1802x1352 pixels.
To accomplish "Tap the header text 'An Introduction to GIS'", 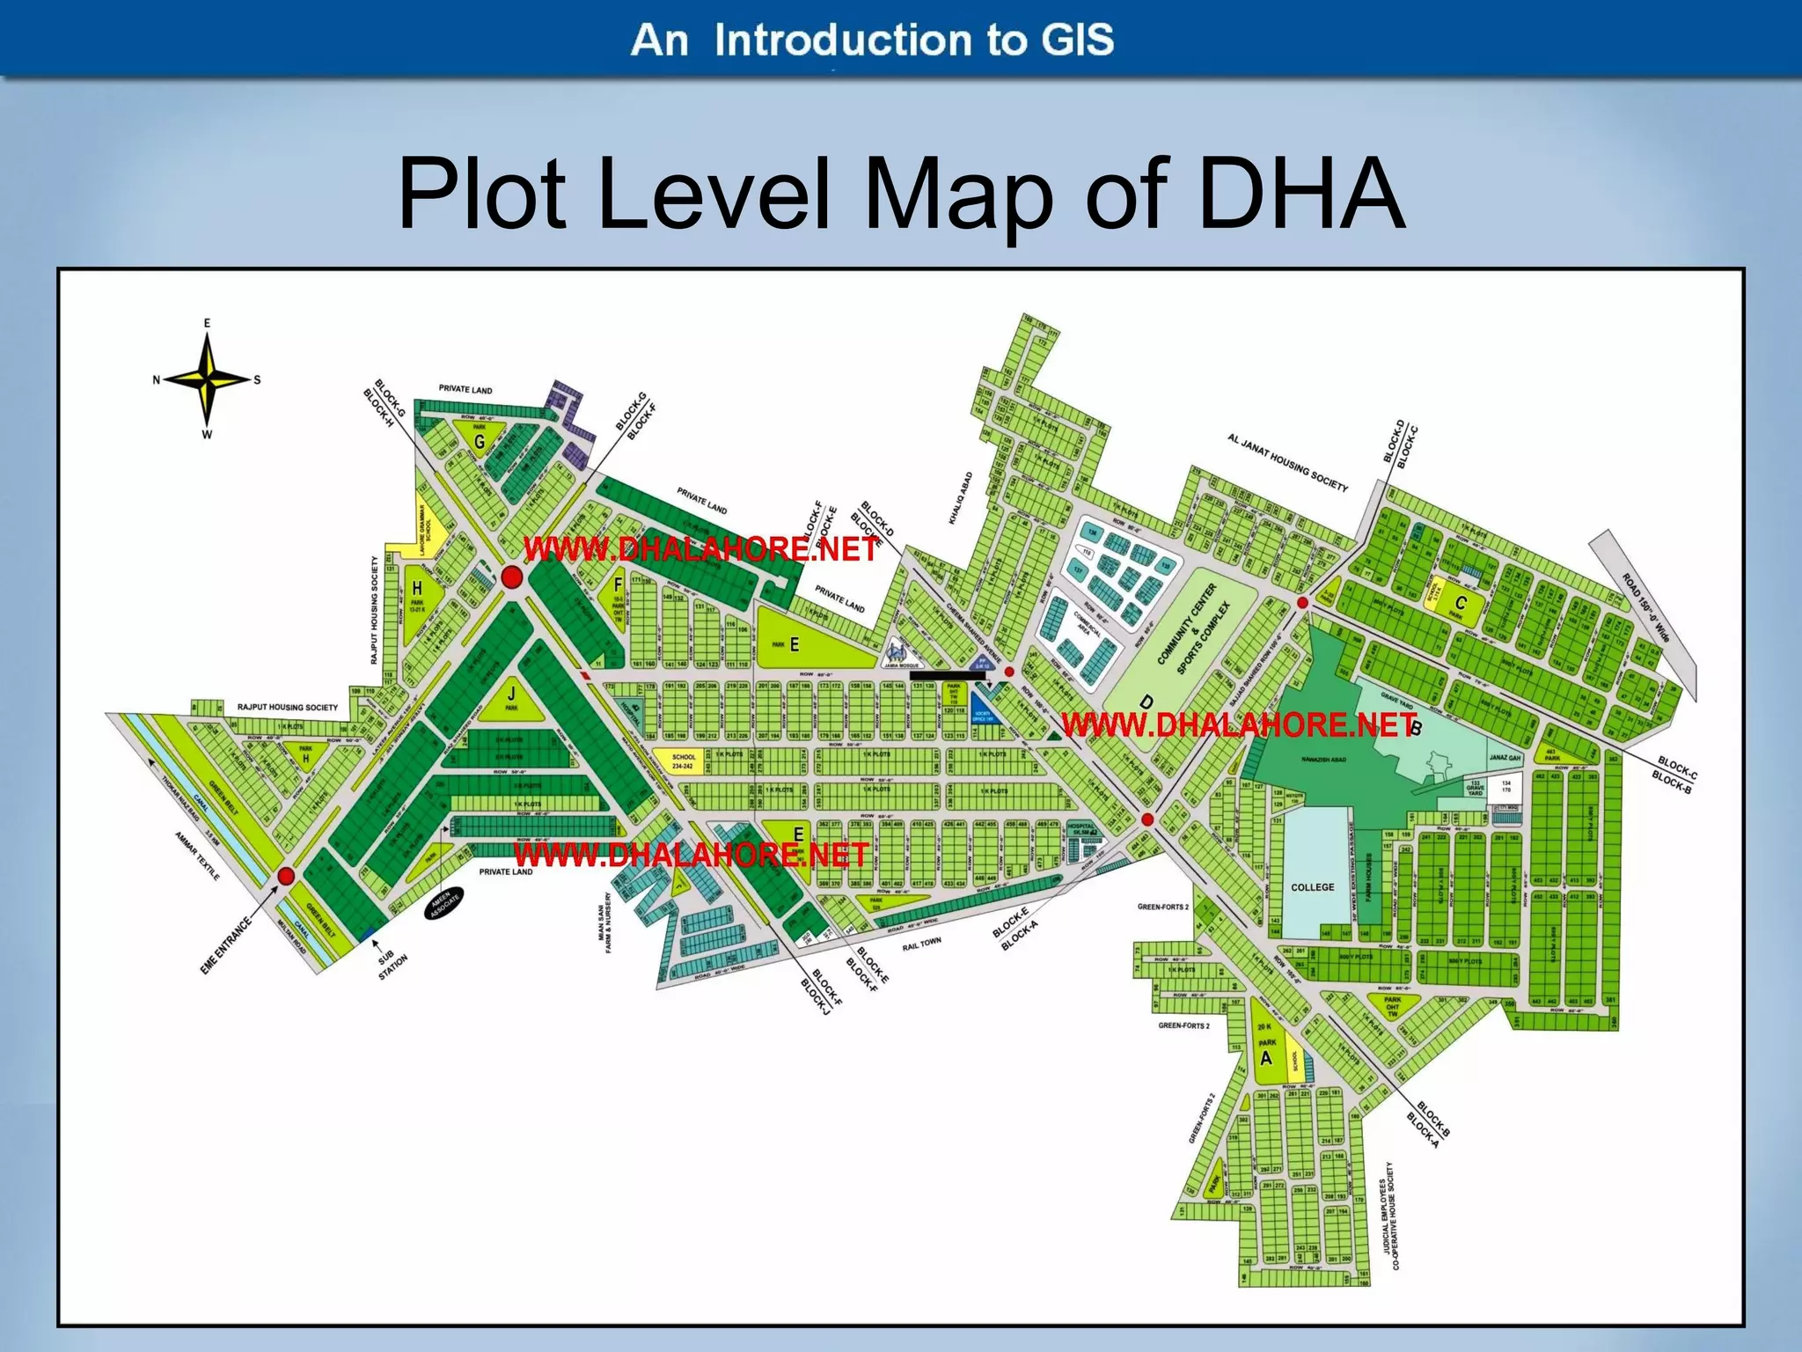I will click(872, 40).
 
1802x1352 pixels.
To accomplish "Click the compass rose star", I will click(208, 379).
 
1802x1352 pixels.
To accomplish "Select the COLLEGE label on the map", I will click(1312, 887).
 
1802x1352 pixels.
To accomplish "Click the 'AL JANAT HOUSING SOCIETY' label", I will click(1287, 461).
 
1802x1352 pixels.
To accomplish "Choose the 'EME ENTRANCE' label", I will click(226, 945).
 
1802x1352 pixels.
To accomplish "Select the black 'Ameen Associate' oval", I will click(444, 902).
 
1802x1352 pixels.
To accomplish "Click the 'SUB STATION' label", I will click(388, 964).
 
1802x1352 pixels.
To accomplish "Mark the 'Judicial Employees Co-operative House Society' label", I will click(1389, 1215).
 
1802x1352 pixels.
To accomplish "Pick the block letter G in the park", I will click(480, 442).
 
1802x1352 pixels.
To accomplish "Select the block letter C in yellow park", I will click(1461, 603).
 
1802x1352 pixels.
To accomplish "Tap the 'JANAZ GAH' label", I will click(1505, 757).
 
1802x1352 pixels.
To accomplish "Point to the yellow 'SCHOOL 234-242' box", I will click(683, 761).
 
